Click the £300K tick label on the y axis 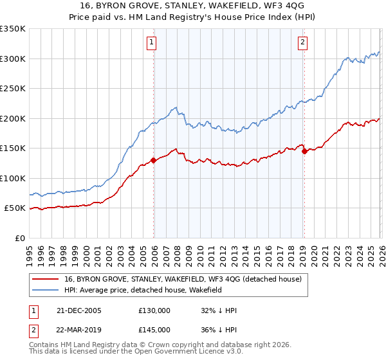[x=12, y=59]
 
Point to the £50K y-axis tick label [x=14, y=208]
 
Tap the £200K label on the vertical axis [x=12, y=118]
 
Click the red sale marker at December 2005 [x=154, y=160]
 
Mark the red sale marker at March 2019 [x=304, y=151]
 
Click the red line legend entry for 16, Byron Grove [x=187, y=278]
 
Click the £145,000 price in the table [x=154, y=329]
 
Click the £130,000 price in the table [x=154, y=310]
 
